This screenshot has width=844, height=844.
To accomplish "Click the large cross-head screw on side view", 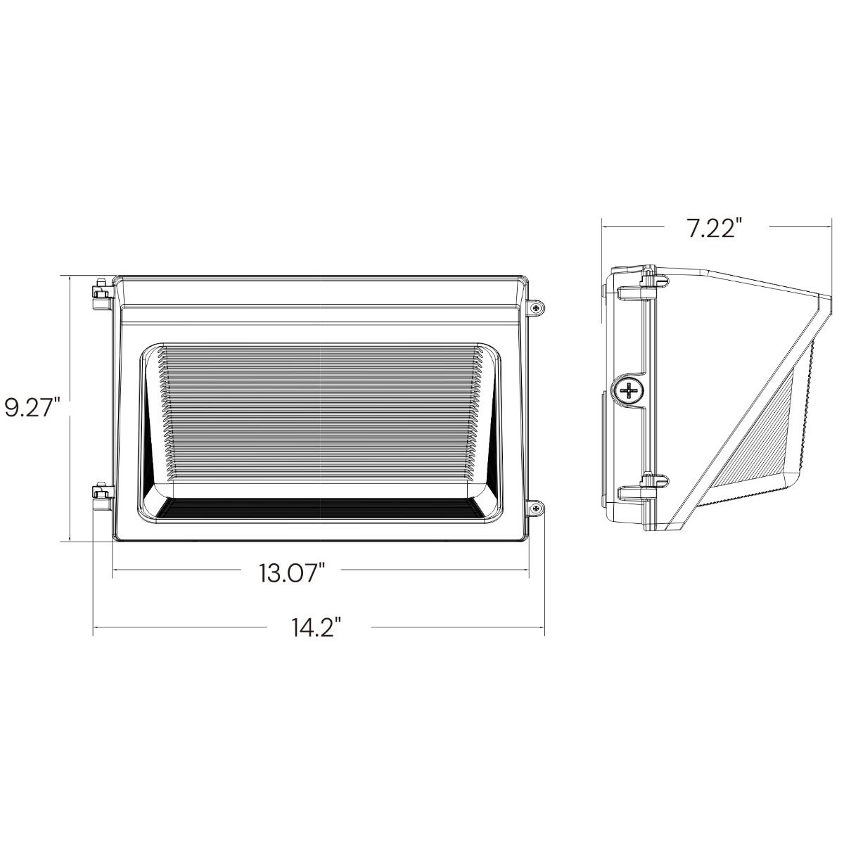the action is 629,390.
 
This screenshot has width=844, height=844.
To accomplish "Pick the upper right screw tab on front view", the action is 536,308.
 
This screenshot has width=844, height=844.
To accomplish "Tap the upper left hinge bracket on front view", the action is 103,294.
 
